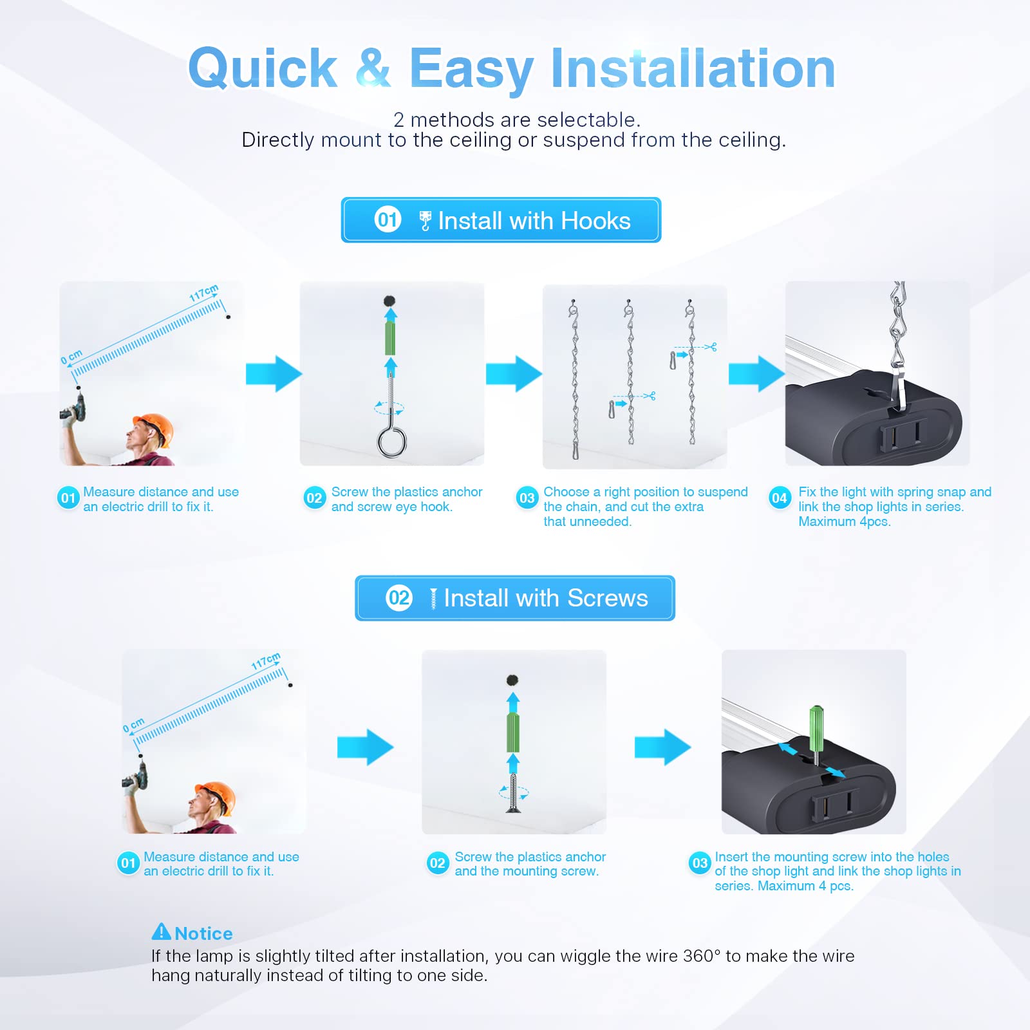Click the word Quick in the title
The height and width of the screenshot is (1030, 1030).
263,68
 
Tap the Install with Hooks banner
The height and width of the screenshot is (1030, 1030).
501,220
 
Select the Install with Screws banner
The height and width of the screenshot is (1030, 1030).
514,598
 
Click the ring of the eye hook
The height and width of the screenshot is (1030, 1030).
391,442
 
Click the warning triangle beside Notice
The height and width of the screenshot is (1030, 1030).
161,932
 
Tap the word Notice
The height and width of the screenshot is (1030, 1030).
203,933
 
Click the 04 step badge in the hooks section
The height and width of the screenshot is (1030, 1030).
779,498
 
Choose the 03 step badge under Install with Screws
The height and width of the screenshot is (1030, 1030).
700,863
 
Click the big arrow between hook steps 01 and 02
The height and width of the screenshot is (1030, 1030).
274,373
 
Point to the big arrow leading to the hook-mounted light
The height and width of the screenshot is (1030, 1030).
756,373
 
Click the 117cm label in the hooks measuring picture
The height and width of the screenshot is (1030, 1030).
203,293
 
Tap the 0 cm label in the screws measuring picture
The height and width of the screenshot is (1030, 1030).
133,725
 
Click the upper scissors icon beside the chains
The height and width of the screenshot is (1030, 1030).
711,347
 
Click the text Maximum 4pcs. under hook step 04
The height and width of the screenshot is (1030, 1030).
844,521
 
